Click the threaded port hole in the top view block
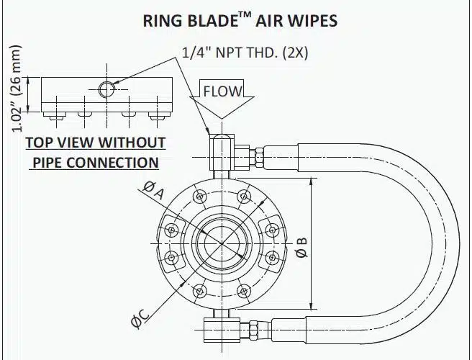[106, 89]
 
